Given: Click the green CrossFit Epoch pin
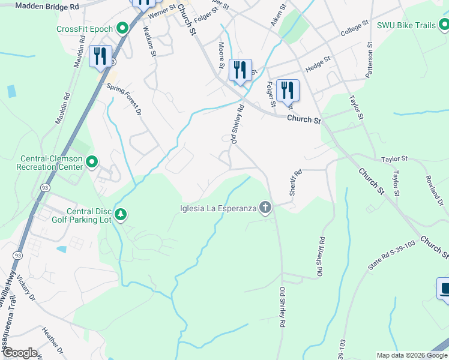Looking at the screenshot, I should pyautogui.click(x=122, y=28).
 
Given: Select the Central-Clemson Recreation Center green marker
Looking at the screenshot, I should pyautogui.click(x=92, y=162).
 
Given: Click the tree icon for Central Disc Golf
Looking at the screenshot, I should pyautogui.click(x=121, y=215).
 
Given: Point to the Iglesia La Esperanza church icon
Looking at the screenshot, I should pyautogui.click(x=265, y=208).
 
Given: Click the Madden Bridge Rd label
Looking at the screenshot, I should pyautogui.click(x=47, y=5).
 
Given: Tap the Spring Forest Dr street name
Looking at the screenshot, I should pyautogui.click(x=124, y=99).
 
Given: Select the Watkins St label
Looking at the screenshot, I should pyautogui.click(x=151, y=43).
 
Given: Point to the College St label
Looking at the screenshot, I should pyautogui.click(x=354, y=29).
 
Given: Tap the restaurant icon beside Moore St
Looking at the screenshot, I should pyautogui.click(x=240, y=69).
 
